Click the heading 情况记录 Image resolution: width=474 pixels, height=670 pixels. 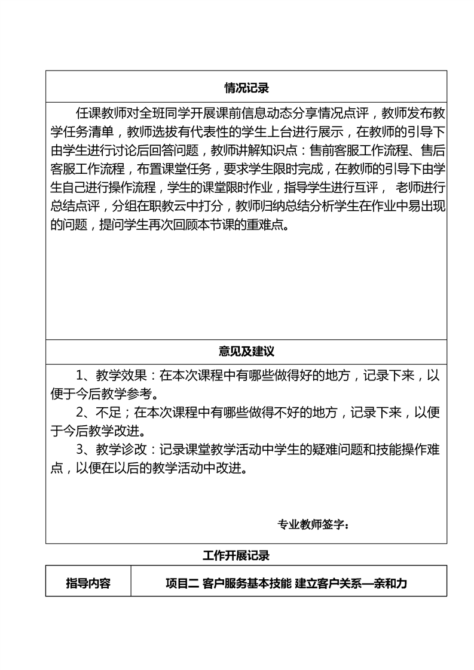pyautogui.click(x=246, y=88)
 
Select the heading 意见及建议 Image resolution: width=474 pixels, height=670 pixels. pyautogui.click(x=246, y=351)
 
